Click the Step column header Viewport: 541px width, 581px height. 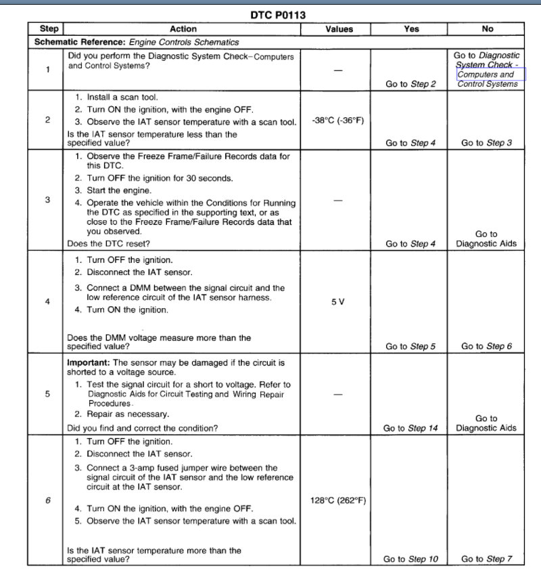tap(49, 29)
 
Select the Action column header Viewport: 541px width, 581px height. tap(183, 29)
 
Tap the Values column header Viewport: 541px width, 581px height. tap(339, 29)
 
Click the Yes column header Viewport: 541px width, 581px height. tap(410, 29)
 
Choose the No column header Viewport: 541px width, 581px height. tap(488, 29)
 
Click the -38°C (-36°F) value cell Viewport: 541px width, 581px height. tap(338, 121)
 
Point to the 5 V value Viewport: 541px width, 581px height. tap(338, 302)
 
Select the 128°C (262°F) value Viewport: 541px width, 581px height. tap(338, 500)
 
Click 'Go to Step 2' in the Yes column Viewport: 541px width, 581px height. tap(410, 85)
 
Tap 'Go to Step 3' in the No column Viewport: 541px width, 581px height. tap(486, 144)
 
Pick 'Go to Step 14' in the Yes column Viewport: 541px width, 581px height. tap(410, 428)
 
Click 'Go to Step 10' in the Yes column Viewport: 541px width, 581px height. tap(410, 559)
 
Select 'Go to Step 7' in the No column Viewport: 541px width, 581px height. tap(486, 559)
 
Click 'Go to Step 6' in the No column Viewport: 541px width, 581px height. tap(486, 347)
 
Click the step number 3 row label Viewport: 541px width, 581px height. tap(47, 200)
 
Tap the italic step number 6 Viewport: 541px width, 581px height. tap(47, 500)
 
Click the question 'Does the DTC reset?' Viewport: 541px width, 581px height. tap(109, 243)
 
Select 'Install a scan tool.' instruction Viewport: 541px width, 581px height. tap(122, 98)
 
